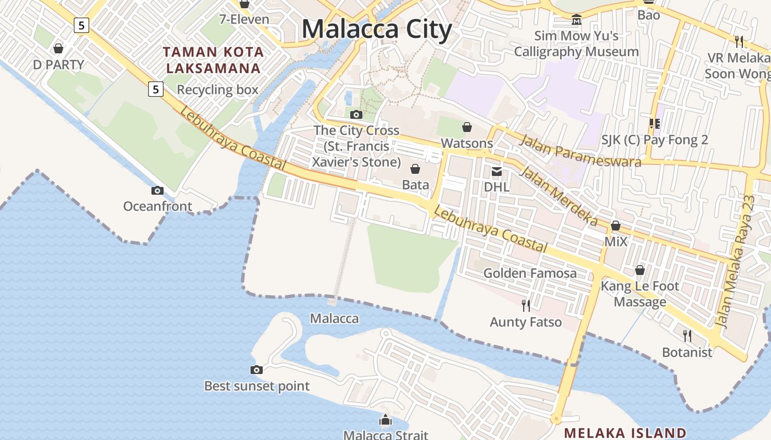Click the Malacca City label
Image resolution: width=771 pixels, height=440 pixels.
click(x=377, y=29)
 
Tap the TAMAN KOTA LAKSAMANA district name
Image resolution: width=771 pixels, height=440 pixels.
click(x=213, y=60)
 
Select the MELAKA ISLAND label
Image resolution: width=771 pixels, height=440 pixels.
click(x=626, y=433)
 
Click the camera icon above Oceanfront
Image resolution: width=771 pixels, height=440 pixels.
click(x=158, y=190)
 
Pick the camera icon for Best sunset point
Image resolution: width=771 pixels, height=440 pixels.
click(x=257, y=370)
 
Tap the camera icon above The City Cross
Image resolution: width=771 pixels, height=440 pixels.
click(x=356, y=114)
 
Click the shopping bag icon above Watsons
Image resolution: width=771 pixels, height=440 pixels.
click(x=467, y=127)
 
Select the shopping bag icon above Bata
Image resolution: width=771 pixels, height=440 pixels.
click(x=415, y=168)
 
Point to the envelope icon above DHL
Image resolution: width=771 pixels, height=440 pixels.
click(x=497, y=171)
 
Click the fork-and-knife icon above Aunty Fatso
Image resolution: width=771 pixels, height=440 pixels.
click(x=526, y=305)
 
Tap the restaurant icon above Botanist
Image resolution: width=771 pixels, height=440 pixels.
click(x=687, y=335)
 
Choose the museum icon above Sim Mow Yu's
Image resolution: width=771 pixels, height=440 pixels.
click(x=577, y=20)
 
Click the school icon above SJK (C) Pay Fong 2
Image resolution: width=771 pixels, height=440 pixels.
click(x=654, y=124)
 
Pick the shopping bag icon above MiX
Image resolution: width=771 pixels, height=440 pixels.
click(x=616, y=226)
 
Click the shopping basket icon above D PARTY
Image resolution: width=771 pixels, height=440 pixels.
click(x=58, y=48)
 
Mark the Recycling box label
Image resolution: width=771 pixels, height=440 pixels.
click(x=218, y=90)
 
